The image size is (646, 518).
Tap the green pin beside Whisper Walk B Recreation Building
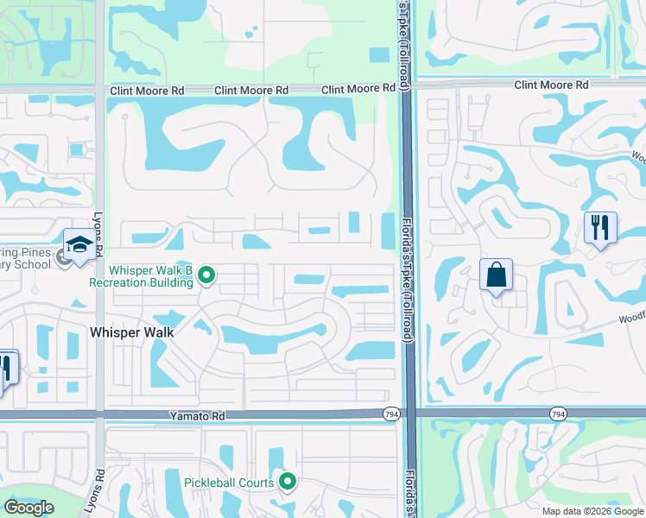click(x=206, y=276)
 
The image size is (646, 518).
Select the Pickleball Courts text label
click(x=229, y=483)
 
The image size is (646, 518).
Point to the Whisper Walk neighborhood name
click(x=132, y=332)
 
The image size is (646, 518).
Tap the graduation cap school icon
click(x=79, y=244)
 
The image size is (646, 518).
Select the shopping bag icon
click(x=497, y=275)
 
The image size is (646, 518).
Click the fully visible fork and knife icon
click(x=600, y=227)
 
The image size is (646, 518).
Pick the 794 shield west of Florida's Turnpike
click(x=391, y=415)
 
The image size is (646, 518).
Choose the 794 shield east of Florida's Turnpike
click(x=558, y=415)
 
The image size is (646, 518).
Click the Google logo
click(x=28, y=508)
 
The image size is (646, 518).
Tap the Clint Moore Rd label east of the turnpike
click(x=551, y=85)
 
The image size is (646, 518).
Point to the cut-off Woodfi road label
click(x=631, y=317)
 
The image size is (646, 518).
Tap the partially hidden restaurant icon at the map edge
click(x=6, y=369)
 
